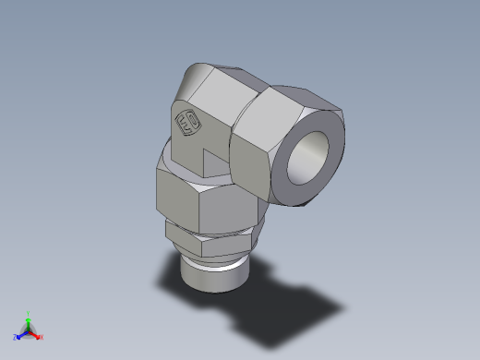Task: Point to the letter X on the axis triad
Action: point(42,337)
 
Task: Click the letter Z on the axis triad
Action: point(15,337)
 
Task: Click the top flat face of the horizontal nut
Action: point(277,92)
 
